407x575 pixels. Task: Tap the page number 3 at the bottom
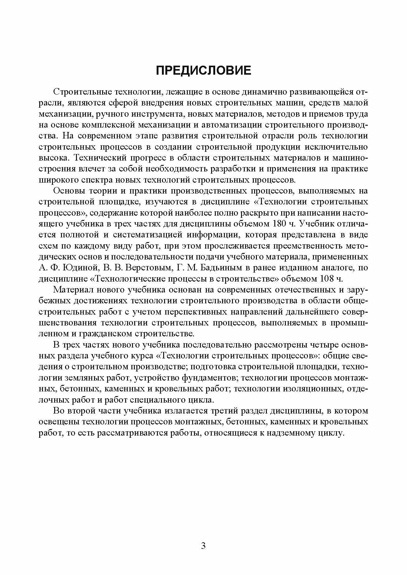[x=203, y=529]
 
